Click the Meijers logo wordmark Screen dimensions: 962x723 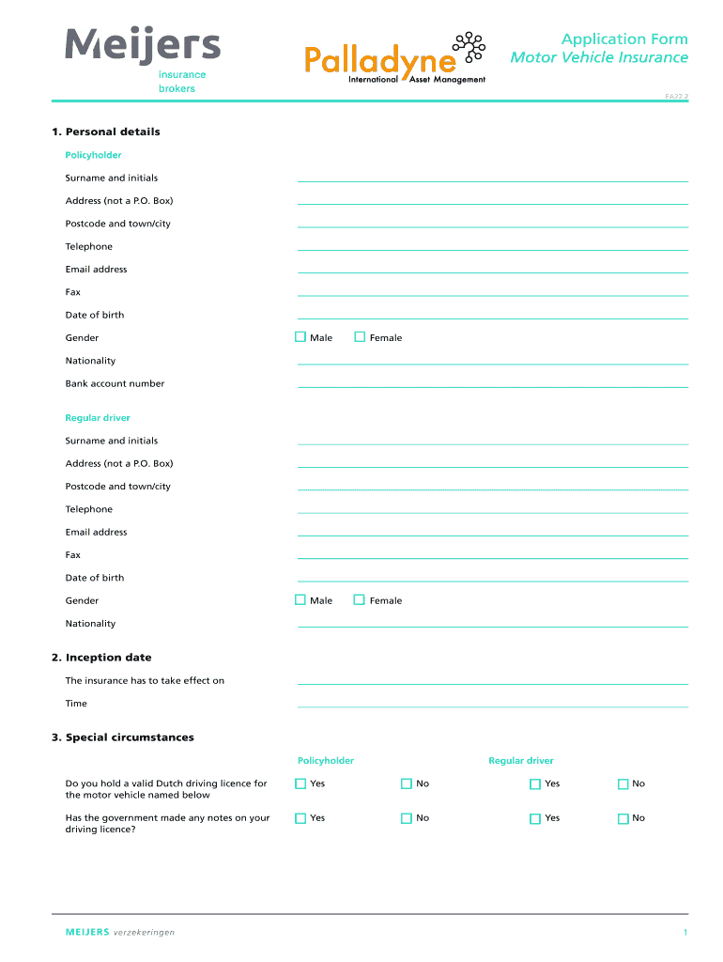pos(143,45)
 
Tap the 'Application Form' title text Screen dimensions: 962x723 pos(623,39)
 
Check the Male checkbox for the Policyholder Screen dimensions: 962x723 pos(300,336)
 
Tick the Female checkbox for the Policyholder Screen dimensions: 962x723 pos(360,336)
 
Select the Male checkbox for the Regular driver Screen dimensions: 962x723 pos(300,599)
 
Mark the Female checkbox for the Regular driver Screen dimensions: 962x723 pos(360,599)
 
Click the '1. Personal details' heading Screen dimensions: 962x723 pos(106,132)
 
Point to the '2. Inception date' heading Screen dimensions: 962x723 pos(101,658)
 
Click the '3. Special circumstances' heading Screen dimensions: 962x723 pos(123,737)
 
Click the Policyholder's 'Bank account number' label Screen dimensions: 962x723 pos(115,383)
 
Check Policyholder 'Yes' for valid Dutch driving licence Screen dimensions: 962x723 pos(300,784)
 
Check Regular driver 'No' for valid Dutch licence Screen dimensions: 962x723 pos(623,784)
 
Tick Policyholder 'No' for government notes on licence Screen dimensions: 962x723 pos(407,818)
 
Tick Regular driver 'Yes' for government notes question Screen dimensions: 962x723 pos(535,818)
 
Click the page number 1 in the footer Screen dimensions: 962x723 pos(685,933)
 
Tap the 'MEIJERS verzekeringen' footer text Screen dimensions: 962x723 pos(120,933)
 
